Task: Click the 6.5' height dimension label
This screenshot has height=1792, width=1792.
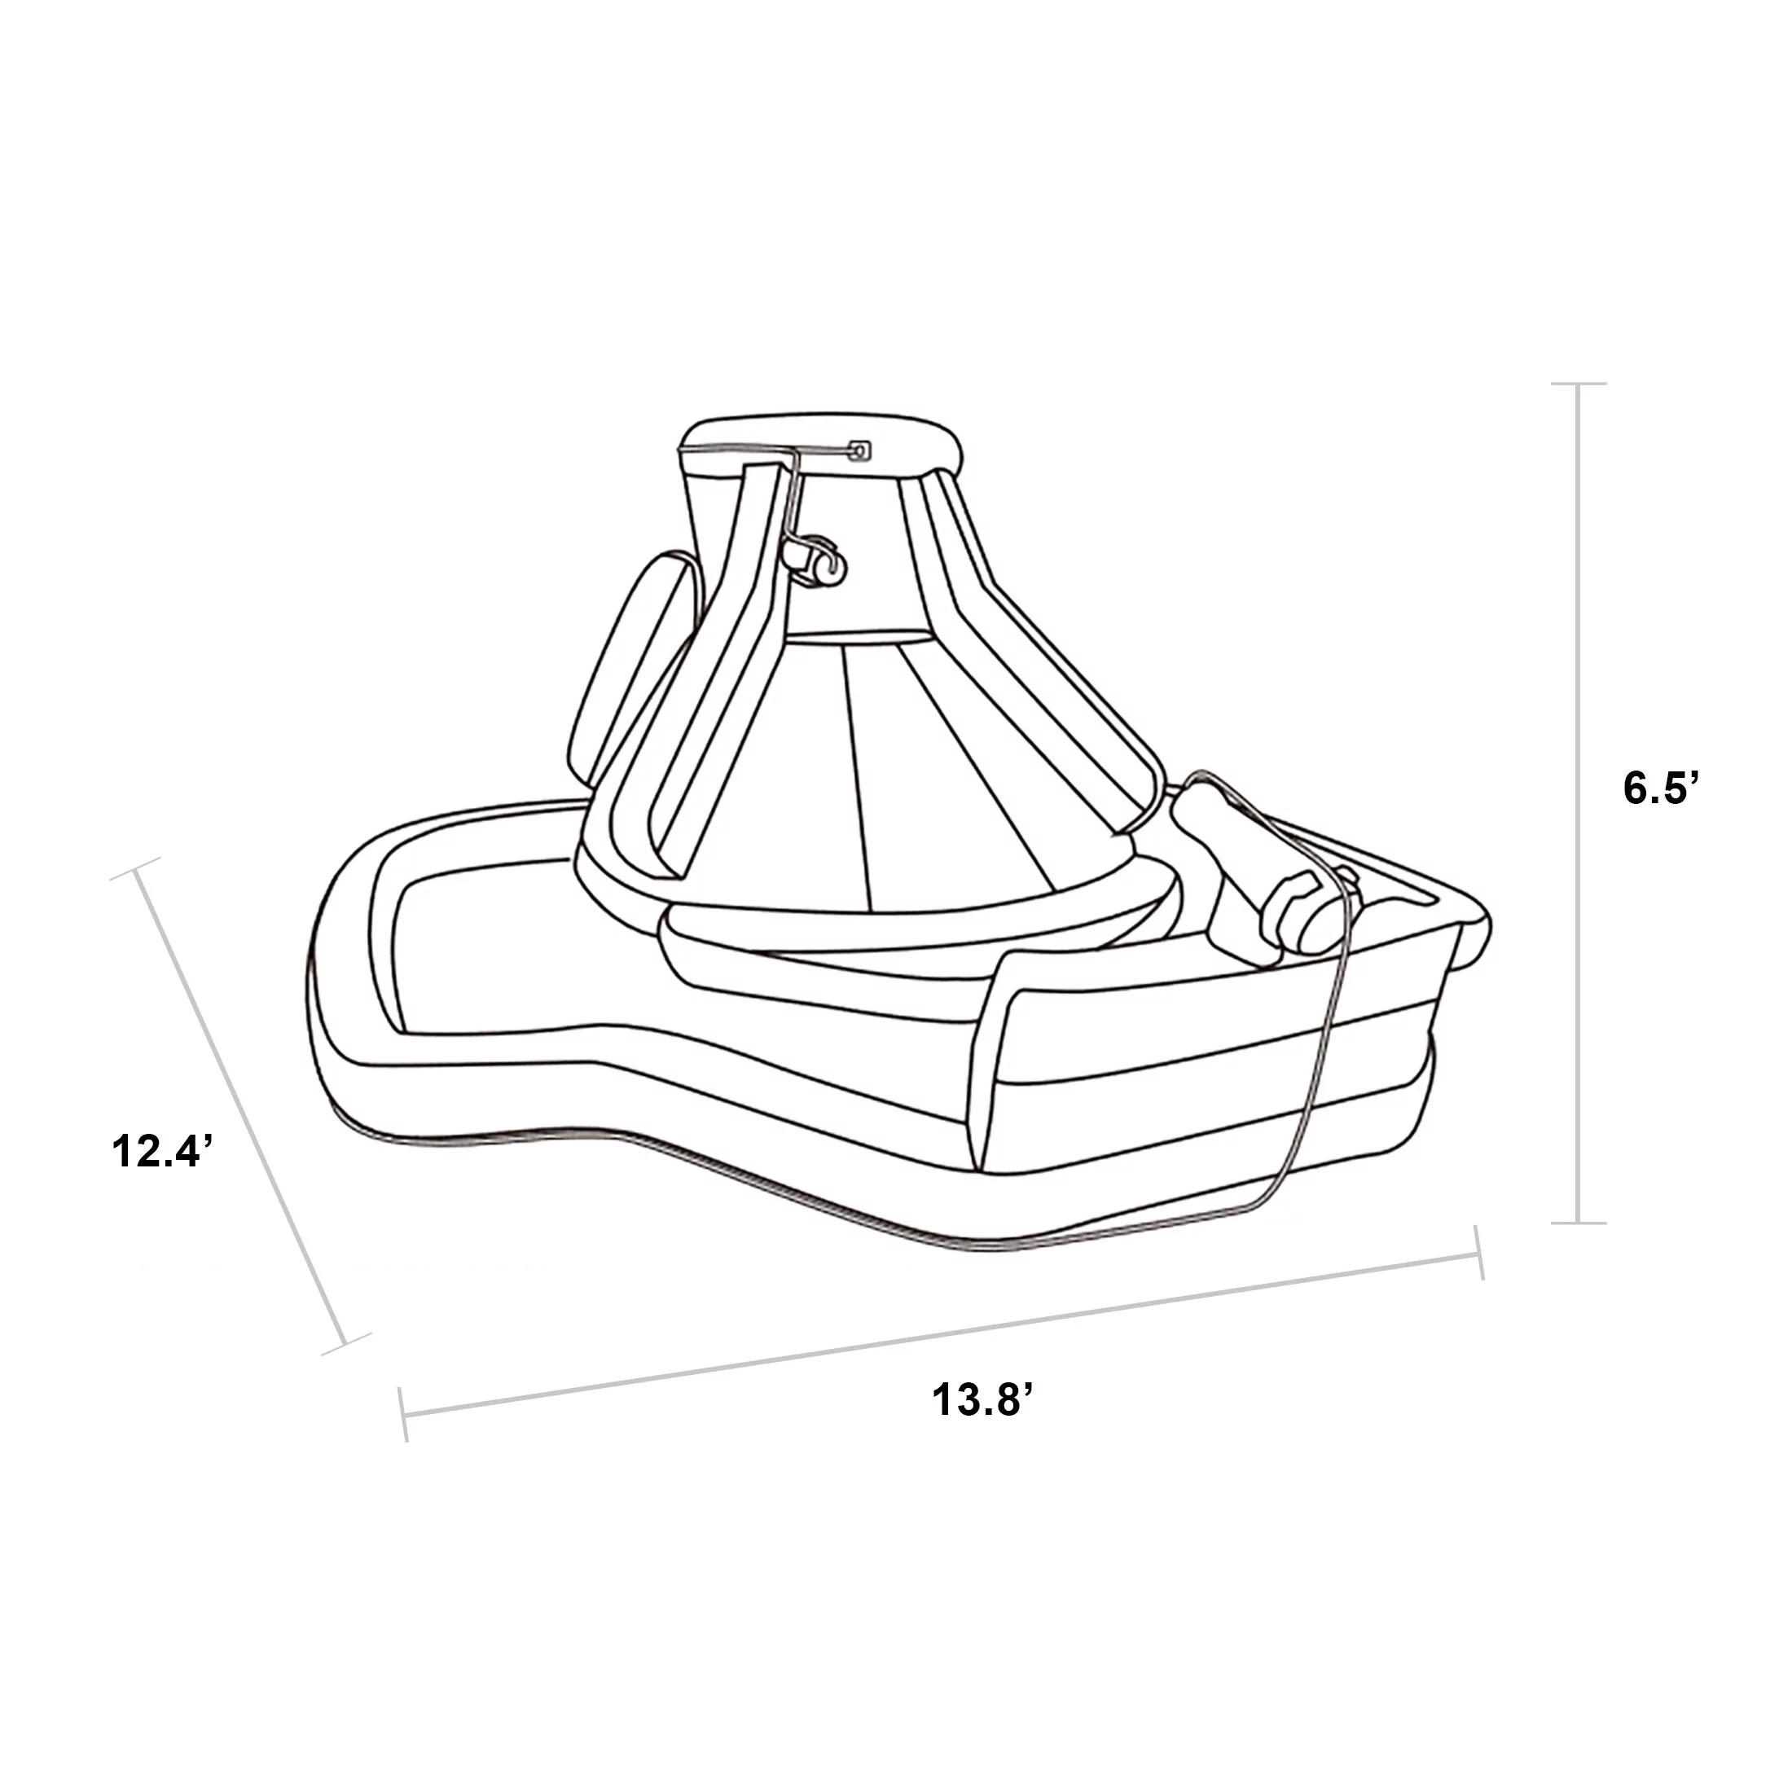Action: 1659,789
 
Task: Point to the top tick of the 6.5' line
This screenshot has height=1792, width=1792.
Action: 1579,383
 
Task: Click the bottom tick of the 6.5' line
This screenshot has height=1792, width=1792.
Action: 1579,1223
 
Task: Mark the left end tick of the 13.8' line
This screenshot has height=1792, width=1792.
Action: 403,1416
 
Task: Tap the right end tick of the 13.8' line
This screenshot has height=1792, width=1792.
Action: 1479,1252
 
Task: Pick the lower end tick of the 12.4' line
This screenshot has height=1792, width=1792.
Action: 345,1342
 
